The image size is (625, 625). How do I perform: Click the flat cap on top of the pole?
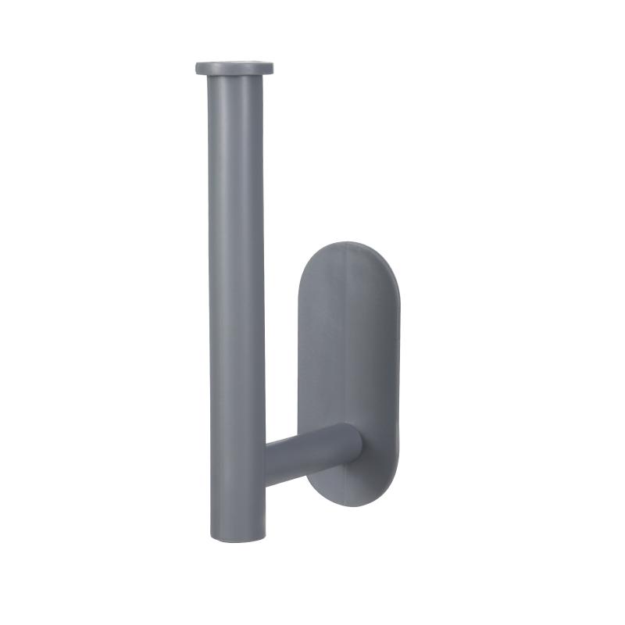(x=234, y=69)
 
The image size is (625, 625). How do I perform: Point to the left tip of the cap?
(x=198, y=68)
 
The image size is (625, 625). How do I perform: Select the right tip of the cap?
(x=272, y=68)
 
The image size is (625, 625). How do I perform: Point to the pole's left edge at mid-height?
(x=211, y=305)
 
